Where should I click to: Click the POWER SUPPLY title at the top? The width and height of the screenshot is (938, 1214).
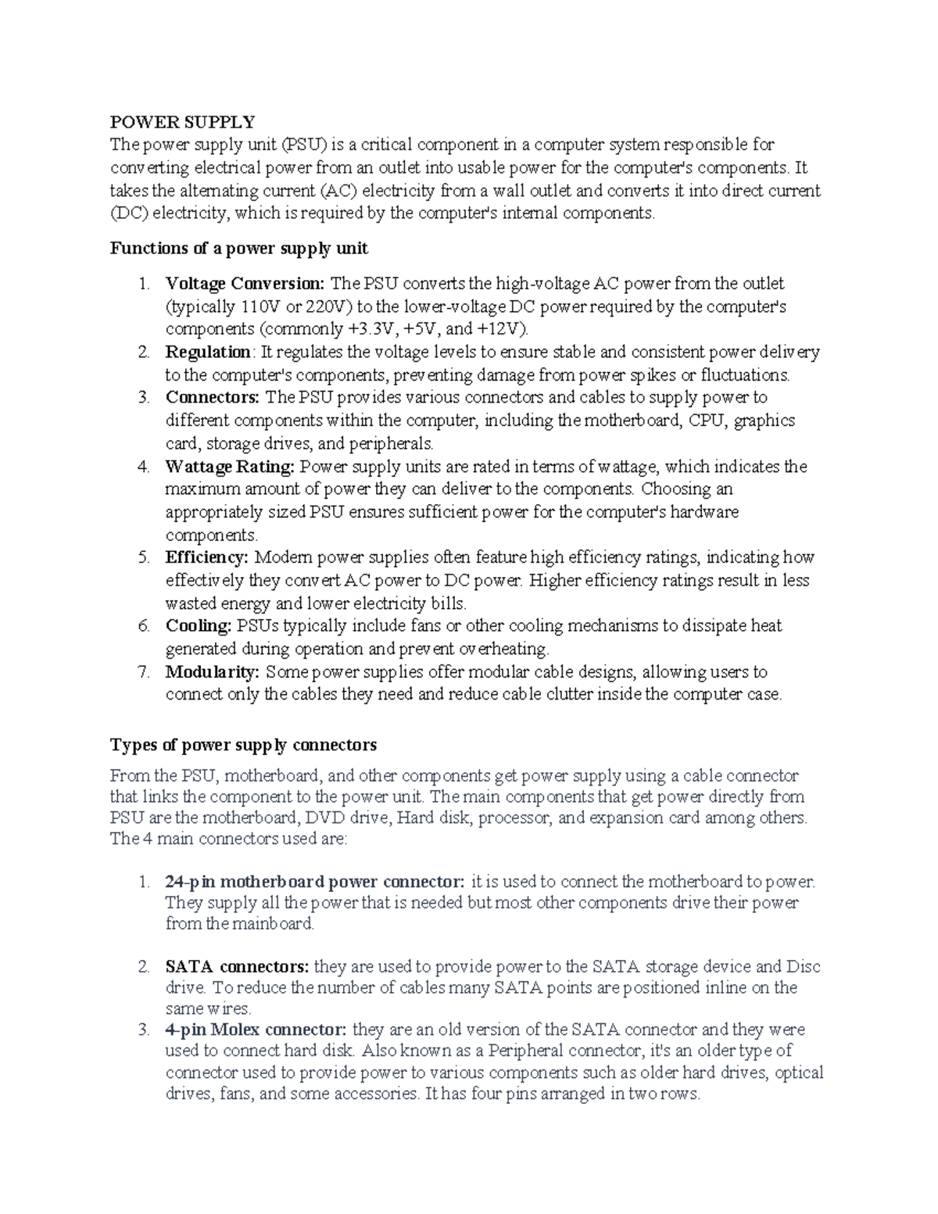pos(182,122)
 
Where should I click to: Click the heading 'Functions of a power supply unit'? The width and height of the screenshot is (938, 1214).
pos(238,249)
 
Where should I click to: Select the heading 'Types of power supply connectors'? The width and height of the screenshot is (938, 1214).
pos(243,744)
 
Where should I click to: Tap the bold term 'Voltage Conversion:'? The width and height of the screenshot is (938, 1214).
pos(245,283)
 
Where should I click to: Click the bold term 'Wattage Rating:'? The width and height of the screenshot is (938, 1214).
pos(230,467)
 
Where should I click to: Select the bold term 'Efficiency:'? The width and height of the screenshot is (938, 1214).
pos(206,558)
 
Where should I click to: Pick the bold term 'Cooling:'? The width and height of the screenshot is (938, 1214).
pos(199,626)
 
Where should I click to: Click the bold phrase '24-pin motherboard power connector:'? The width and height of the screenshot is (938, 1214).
pos(315,882)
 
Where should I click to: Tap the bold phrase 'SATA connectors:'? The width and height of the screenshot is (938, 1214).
pos(238,967)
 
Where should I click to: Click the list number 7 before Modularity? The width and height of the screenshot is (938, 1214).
pos(143,672)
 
